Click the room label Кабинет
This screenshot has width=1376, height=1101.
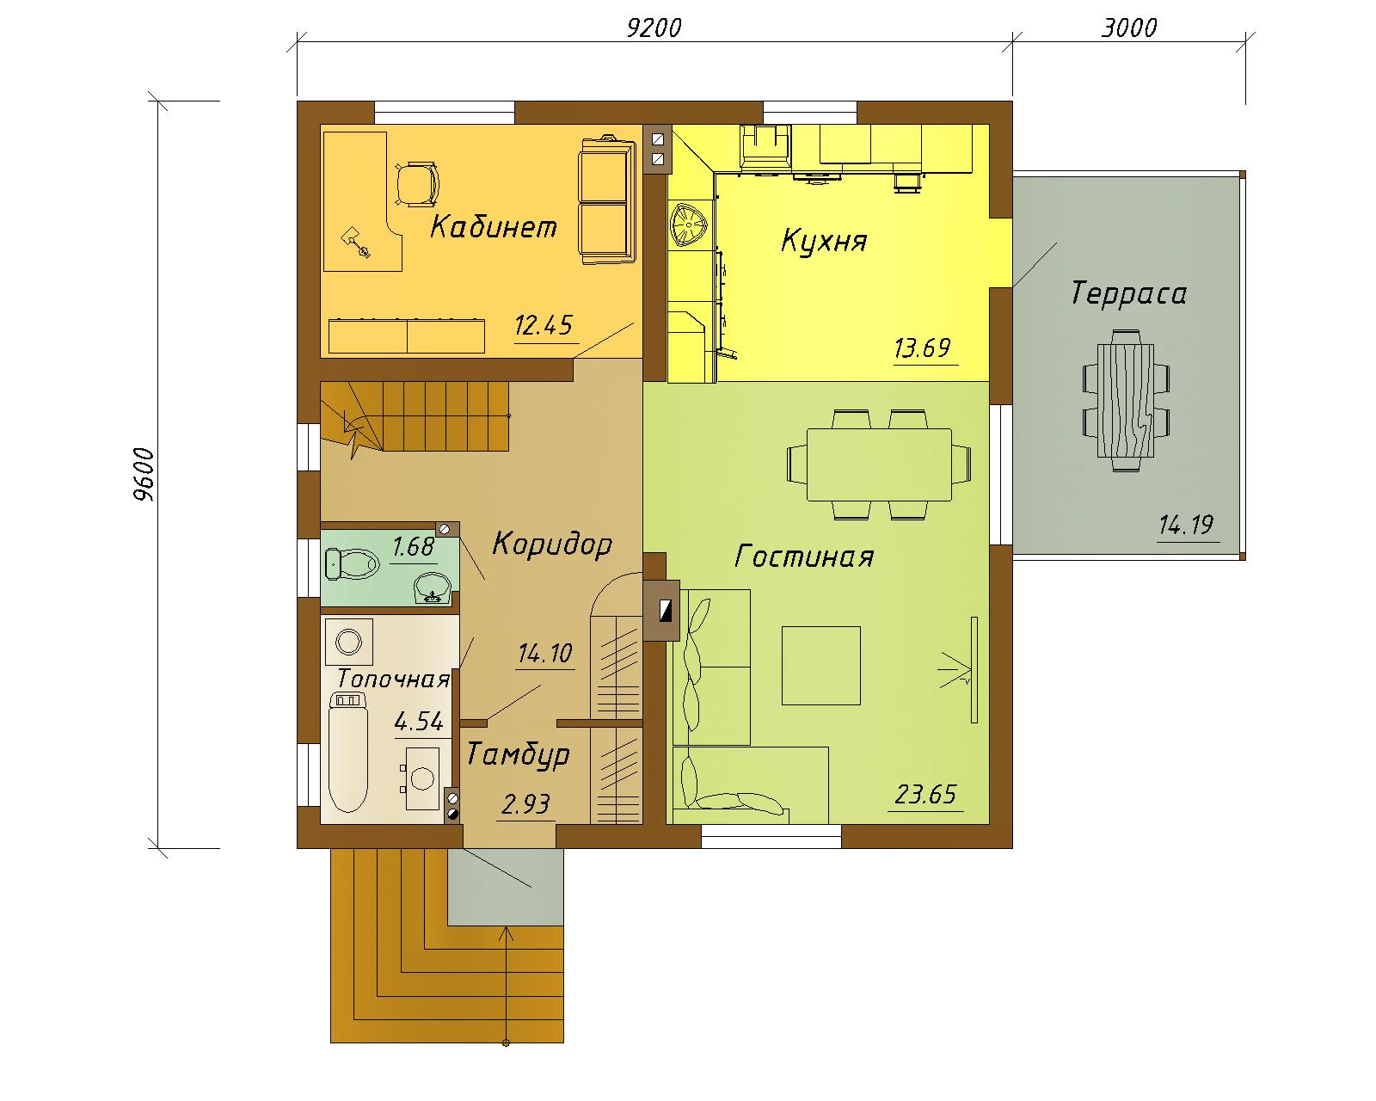493,227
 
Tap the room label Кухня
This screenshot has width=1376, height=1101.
824,241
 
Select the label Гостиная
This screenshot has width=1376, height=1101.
804,557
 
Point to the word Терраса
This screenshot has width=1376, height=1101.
1128,293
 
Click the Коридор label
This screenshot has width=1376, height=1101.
552,544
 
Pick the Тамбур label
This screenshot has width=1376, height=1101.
517,755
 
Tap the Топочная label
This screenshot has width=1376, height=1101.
393,679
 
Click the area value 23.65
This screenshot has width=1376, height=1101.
925,795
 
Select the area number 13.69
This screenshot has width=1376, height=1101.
922,348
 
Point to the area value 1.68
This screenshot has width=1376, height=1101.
413,547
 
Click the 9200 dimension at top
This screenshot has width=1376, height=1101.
654,28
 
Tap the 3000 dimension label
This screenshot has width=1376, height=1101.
1128,28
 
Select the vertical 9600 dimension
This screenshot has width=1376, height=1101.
144,474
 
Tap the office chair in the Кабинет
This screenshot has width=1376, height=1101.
418,185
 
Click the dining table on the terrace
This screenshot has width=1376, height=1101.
1126,401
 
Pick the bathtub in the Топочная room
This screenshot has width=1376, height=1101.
348,753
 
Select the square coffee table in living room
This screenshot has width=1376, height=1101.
821,666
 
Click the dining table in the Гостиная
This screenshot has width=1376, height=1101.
879,464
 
